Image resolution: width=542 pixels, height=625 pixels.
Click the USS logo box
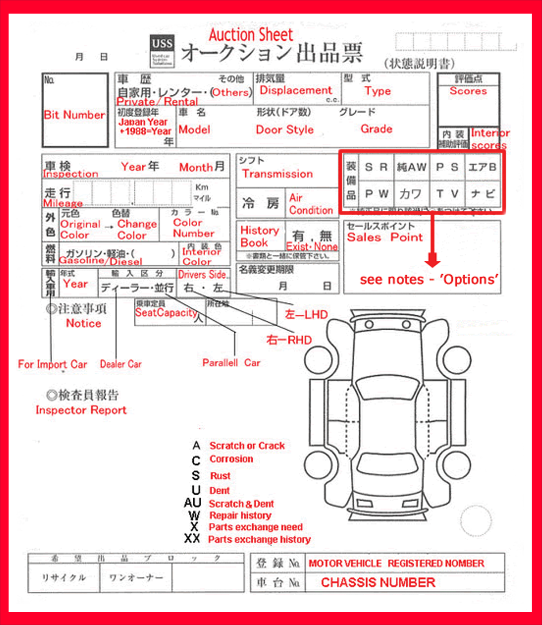click(162, 50)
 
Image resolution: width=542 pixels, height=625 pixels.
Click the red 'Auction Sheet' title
click(250, 35)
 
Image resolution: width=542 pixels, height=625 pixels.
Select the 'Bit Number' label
click(74, 115)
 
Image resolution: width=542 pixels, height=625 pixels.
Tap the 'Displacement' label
click(295, 90)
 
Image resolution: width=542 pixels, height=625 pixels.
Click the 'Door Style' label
click(285, 129)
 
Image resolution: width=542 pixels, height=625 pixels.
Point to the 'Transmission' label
click(277, 174)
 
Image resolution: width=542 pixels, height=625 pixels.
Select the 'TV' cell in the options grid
click(447, 194)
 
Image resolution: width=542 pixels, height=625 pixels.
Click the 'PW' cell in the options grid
click(376, 194)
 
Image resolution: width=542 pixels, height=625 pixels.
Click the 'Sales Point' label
click(385, 237)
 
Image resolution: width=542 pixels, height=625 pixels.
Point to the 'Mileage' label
click(63, 203)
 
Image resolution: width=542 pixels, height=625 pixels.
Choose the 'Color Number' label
click(193, 228)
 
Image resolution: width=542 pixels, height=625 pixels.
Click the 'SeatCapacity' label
click(166, 313)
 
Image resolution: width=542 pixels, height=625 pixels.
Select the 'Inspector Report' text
click(81, 410)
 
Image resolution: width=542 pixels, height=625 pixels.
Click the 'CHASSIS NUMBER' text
click(378, 582)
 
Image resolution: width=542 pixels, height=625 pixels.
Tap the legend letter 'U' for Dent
click(196, 490)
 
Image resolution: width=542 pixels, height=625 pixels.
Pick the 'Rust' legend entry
click(220, 476)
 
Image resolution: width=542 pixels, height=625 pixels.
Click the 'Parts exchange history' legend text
click(259, 539)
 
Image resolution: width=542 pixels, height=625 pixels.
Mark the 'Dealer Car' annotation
click(121, 364)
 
